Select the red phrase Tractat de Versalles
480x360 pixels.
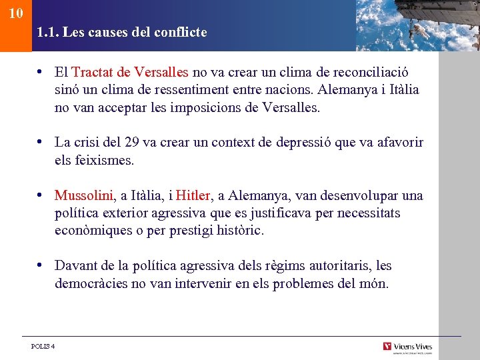(x=130, y=72)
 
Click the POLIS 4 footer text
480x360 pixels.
(x=43, y=346)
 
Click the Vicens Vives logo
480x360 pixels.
(x=407, y=347)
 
